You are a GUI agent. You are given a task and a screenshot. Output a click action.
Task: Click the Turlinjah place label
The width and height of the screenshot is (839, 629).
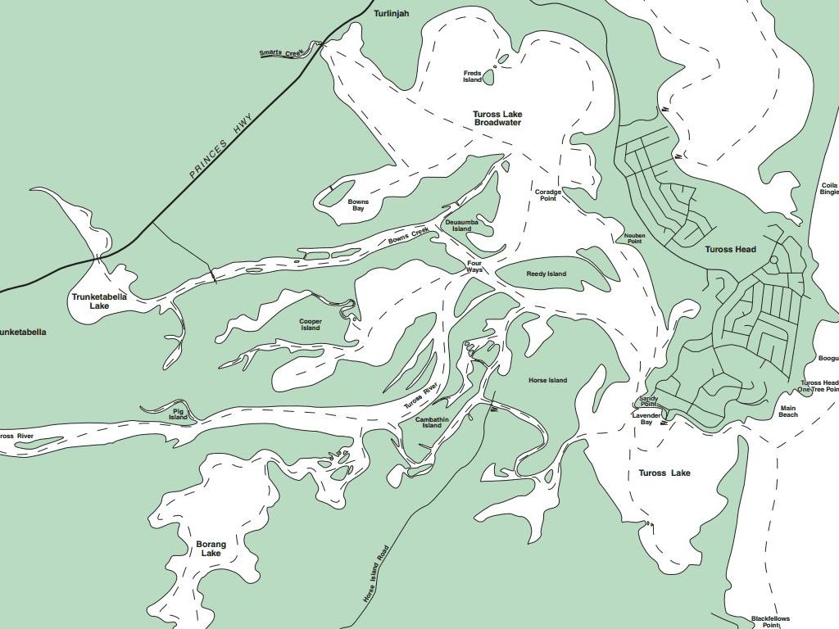point(391,14)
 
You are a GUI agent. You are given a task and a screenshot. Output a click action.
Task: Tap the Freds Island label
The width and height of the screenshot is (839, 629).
point(472,76)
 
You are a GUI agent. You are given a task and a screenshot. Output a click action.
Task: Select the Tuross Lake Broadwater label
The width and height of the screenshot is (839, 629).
point(497,119)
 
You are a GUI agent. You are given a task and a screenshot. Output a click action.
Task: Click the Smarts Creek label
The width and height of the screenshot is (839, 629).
point(281,53)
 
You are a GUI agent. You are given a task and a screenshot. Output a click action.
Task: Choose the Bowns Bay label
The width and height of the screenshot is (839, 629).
point(358,205)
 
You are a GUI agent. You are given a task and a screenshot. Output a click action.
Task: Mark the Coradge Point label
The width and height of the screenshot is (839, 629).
point(548,195)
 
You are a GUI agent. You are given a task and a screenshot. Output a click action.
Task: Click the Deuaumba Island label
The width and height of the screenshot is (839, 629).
point(462,225)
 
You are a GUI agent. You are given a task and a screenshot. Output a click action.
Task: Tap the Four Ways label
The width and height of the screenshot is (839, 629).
point(475,266)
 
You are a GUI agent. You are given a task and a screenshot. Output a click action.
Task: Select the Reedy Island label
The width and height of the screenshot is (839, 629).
point(546,274)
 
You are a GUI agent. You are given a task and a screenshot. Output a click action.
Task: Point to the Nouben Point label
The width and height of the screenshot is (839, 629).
point(634,238)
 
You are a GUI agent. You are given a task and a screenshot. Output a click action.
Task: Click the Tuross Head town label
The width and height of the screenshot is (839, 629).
point(730,249)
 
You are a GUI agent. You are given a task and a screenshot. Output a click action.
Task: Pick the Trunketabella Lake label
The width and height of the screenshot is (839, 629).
point(99,301)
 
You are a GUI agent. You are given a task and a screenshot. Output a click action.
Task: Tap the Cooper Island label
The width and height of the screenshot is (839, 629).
point(311,325)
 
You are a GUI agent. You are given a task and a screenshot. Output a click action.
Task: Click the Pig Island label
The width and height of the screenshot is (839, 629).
point(178,414)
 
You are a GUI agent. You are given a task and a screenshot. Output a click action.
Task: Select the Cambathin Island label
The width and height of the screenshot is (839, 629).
point(433,423)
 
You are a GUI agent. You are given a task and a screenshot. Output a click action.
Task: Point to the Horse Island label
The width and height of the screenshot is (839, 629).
point(547,381)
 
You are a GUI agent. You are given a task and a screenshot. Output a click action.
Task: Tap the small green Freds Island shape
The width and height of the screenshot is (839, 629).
point(488,78)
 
